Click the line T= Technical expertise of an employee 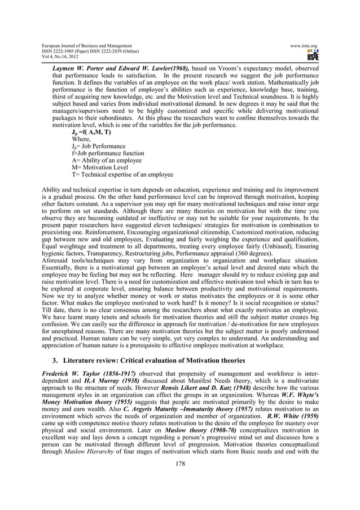pos(122,175)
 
